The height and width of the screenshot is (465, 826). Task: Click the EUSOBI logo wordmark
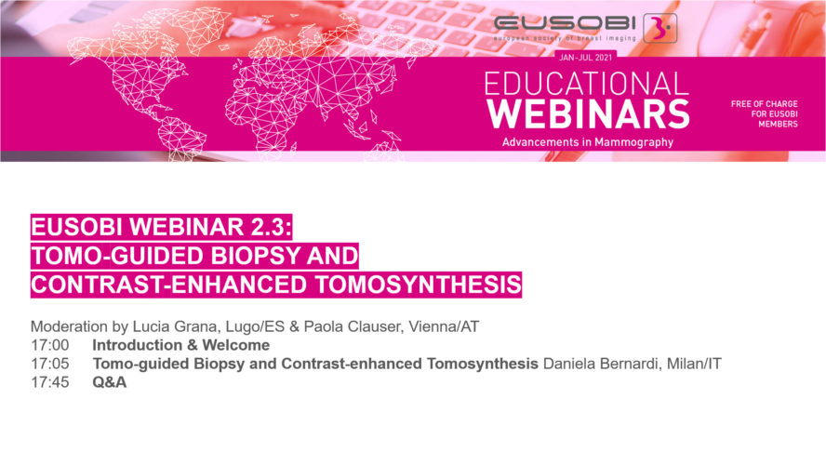pyautogui.click(x=566, y=23)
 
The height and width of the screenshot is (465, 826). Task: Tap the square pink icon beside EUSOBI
pyautogui.click(x=660, y=28)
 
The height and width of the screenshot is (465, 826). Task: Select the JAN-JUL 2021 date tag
pyautogui.click(x=586, y=58)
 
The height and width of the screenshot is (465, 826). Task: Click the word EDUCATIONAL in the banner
pyautogui.click(x=586, y=84)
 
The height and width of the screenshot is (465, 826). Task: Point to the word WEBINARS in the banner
pyautogui.click(x=588, y=113)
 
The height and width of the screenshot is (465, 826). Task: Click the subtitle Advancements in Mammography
pyautogui.click(x=587, y=142)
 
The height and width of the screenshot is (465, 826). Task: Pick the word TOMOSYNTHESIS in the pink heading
pyautogui.click(x=419, y=285)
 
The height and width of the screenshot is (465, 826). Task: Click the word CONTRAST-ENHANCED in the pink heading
pyautogui.click(x=169, y=285)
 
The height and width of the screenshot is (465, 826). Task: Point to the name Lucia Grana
pyautogui.click(x=174, y=326)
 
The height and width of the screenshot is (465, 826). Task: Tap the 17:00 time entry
pyautogui.click(x=50, y=345)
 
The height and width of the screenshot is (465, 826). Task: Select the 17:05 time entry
pyautogui.click(x=50, y=364)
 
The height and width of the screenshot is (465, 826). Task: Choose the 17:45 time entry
pyautogui.click(x=50, y=382)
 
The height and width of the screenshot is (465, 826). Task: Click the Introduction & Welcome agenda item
pyautogui.click(x=181, y=345)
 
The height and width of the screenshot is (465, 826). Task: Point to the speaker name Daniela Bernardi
pyautogui.click(x=602, y=364)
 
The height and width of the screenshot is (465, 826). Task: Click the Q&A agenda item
pyautogui.click(x=110, y=382)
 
